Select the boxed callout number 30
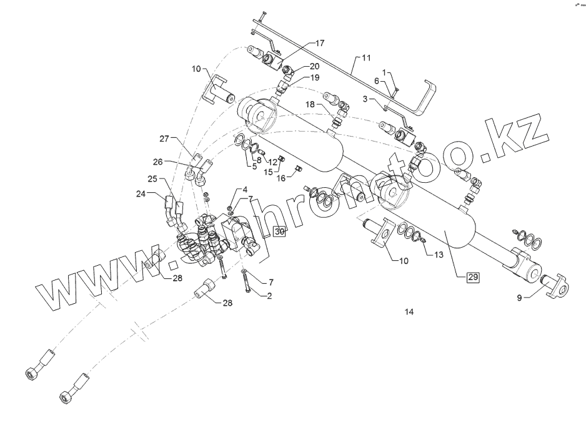click(x=280, y=231)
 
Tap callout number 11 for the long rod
click(x=365, y=57)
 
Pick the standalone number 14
click(x=409, y=311)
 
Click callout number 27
click(x=164, y=138)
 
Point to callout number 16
click(x=281, y=178)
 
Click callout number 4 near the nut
click(x=244, y=188)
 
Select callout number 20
click(x=314, y=66)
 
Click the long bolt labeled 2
click(x=247, y=283)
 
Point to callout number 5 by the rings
click(x=254, y=167)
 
